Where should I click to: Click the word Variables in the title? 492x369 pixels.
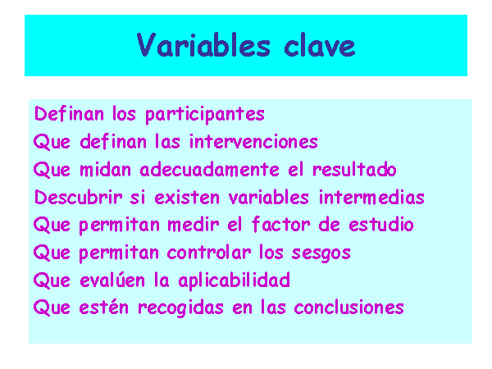(203, 45)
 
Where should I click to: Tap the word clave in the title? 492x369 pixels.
(320, 45)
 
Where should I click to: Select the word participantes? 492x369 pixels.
(205, 115)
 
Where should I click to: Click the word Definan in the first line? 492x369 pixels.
(69, 113)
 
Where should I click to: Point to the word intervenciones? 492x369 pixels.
(253, 141)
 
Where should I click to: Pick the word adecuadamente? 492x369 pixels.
(210, 169)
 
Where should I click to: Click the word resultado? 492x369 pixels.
(354, 169)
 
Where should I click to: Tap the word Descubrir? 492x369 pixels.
(78, 197)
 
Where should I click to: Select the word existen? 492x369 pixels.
(187, 198)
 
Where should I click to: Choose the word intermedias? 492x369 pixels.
(371, 197)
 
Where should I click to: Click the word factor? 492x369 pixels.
(280, 224)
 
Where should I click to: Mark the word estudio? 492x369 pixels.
(381, 225)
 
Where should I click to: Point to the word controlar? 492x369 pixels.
(208, 253)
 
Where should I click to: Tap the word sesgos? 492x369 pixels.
(321, 253)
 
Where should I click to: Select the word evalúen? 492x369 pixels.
(112, 280)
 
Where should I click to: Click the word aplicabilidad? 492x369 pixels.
(234, 281)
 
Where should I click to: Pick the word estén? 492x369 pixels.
(104, 307)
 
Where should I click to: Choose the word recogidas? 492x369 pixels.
(180, 308)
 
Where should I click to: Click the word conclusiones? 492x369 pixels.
(349, 307)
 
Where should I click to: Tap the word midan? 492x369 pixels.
(105, 169)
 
